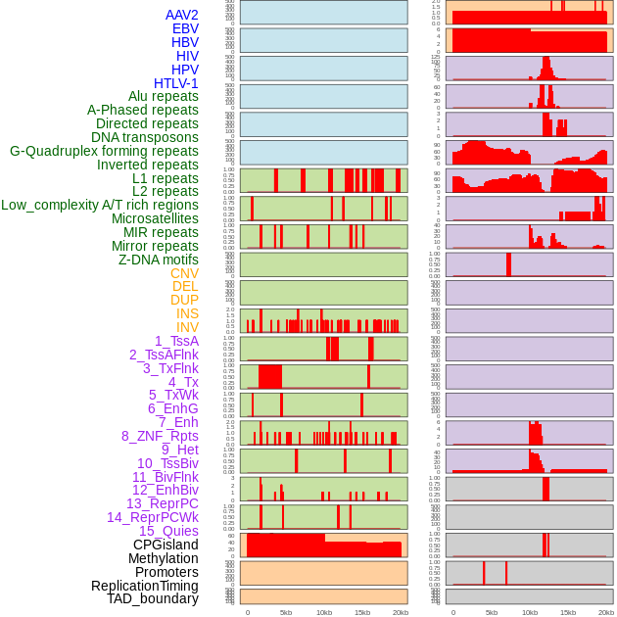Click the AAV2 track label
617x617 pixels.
tap(182, 15)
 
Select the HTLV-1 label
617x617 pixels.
tap(176, 83)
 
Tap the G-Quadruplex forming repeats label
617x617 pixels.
tap(104, 151)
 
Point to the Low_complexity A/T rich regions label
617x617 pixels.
tap(100, 205)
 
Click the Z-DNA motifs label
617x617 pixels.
tap(159, 260)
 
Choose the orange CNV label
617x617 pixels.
tap(184, 273)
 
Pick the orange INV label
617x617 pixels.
tap(187, 327)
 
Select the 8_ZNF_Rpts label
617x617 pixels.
tap(160, 436)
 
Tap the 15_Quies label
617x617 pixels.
tap(168, 531)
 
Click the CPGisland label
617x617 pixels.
tap(166, 545)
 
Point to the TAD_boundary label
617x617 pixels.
tap(153, 598)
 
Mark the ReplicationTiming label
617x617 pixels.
tap(145, 586)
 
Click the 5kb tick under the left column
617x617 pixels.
tap(286, 612)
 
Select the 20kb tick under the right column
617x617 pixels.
tap(605, 612)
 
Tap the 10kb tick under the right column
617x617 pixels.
tap(529, 612)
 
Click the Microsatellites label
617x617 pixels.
tap(155, 218)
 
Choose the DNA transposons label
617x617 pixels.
tap(145, 137)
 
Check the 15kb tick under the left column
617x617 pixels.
tap(362, 612)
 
